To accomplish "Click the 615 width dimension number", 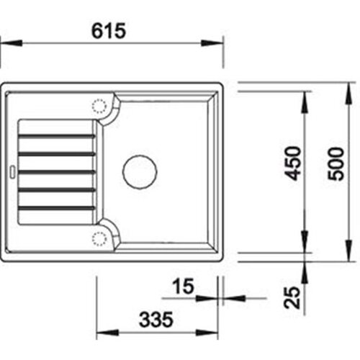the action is pos(109,31).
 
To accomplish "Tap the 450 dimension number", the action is pos(292,163).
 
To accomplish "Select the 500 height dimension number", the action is pos(336,164).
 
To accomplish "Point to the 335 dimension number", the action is pos(156,320).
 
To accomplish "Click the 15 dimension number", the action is pos(183,286).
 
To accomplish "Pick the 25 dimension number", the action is pos(292,297).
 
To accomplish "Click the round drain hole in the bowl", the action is pos(140,172).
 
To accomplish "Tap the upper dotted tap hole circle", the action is pos(99,106).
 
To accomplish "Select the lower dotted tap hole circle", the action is pos(99,239).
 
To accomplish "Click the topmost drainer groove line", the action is pos(57,137).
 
